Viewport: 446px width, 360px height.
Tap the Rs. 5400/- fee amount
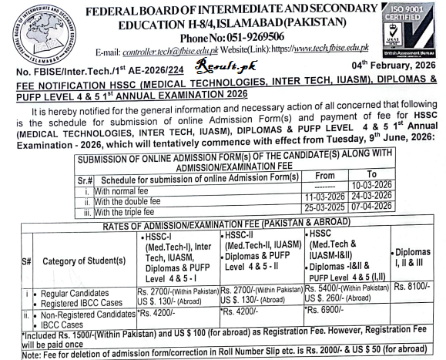pyautogui.click(x=324, y=286)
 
